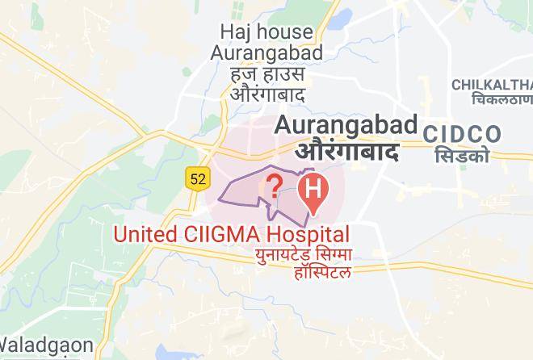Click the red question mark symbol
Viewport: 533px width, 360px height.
274,187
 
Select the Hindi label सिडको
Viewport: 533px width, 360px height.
461,155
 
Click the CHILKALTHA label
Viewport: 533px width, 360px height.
492,85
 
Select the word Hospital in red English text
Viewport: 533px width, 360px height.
308,235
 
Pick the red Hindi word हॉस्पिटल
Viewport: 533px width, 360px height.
323,273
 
